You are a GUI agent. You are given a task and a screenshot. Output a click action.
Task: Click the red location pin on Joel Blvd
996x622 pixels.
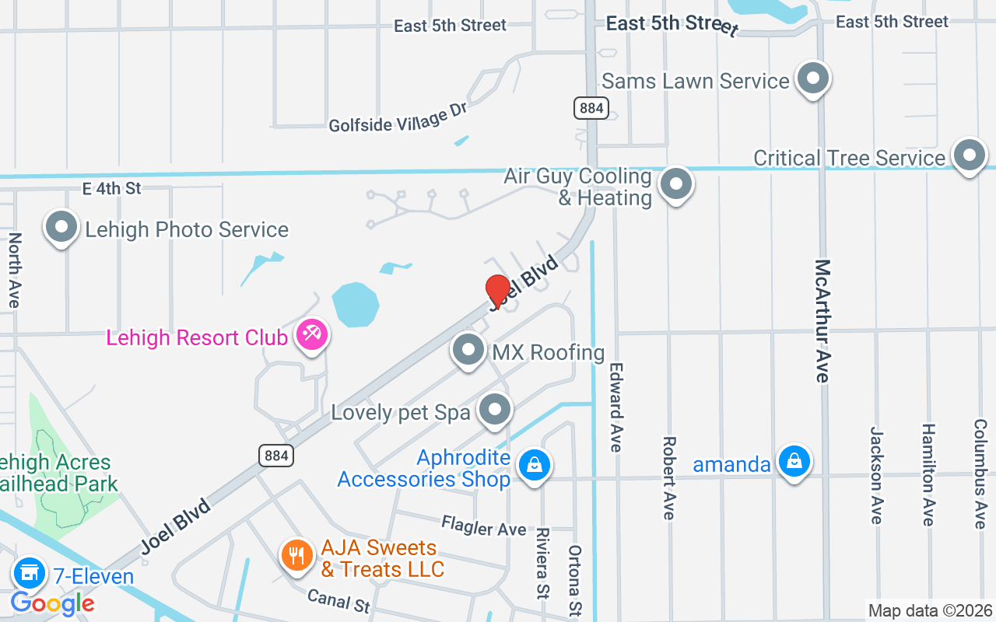click(497, 291)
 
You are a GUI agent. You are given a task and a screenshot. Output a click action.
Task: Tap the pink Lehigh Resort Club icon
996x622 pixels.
click(313, 335)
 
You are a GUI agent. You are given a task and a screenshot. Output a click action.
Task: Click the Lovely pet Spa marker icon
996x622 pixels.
click(495, 409)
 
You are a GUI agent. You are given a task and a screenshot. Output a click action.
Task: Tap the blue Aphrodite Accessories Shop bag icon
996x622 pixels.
click(535, 466)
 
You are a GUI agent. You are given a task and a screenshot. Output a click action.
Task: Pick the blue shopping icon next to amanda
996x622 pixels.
click(794, 462)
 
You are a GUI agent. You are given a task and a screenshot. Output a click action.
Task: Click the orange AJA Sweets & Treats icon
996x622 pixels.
click(296, 556)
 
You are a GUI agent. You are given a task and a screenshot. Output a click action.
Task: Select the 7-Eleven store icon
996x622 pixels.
click(29, 574)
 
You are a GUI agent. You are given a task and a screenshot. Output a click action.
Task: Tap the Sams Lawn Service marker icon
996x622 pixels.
click(813, 79)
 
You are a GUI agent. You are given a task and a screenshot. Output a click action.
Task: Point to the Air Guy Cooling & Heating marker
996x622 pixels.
click(676, 185)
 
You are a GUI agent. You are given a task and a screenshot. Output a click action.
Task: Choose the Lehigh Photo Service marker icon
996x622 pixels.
click(61, 228)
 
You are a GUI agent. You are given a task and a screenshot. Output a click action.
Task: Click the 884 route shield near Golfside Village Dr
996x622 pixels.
click(591, 108)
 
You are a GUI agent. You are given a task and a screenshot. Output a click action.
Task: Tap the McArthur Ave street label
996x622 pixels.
click(822, 320)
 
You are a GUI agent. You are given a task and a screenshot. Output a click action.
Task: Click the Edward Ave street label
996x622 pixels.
click(616, 407)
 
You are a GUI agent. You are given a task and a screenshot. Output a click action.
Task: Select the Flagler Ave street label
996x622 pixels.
click(484, 527)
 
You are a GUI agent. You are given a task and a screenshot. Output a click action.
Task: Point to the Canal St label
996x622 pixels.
click(338, 599)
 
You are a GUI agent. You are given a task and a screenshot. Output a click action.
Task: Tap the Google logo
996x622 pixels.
click(53, 603)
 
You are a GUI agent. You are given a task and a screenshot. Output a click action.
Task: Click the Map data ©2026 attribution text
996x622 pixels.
click(931, 611)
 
